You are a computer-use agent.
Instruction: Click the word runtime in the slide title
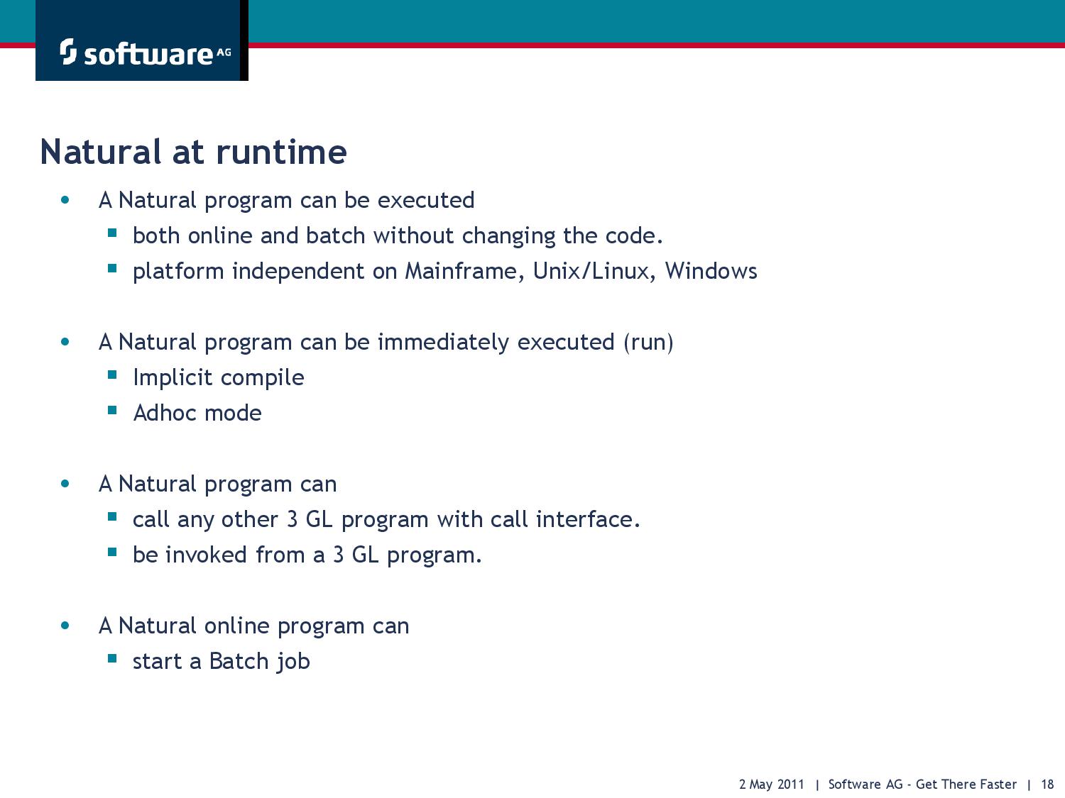281,152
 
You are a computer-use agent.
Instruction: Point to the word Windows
711,271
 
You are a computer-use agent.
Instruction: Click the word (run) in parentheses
648,342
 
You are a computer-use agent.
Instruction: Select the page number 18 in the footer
1047,784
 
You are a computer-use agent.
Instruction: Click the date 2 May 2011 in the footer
772,784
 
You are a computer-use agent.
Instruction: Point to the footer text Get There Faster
966,784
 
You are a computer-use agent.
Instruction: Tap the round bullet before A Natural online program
65,626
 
